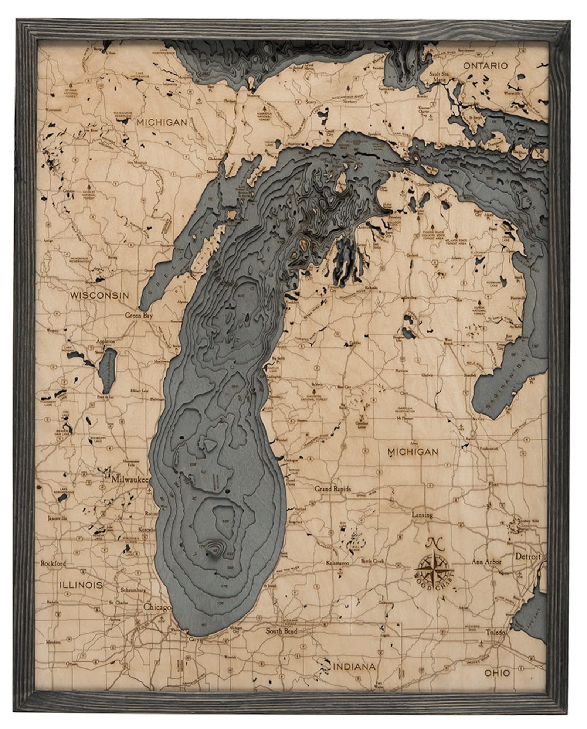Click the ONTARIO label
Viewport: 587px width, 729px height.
coord(485,66)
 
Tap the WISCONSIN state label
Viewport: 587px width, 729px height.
coord(99,295)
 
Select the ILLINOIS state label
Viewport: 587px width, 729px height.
coord(81,585)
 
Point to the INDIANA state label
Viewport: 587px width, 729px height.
coord(354,656)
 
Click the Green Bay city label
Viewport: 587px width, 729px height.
coord(139,316)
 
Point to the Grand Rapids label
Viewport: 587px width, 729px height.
coord(333,488)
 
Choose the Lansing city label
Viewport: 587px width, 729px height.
coord(422,515)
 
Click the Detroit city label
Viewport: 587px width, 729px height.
coord(527,556)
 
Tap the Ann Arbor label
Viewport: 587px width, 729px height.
coord(486,562)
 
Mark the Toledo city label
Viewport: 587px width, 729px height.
coord(495,632)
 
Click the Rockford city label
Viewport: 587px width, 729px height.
coord(53,563)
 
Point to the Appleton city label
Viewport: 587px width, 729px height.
coord(106,342)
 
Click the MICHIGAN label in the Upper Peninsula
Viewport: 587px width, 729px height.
coord(162,122)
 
